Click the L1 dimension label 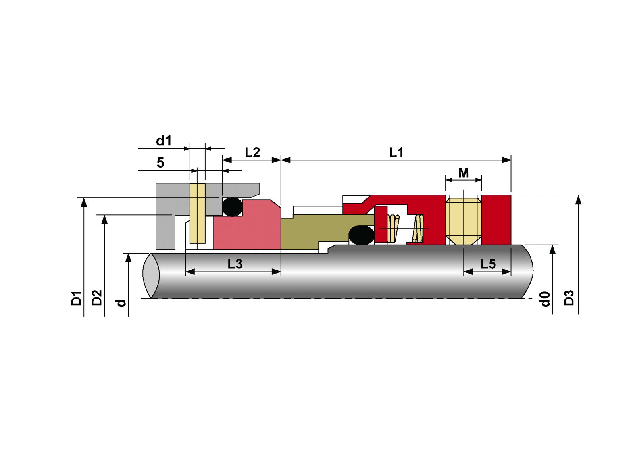[x=396, y=152]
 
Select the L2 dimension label [x=252, y=152]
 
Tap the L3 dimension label [x=235, y=264]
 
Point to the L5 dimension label [x=488, y=264]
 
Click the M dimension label [x=464, y=173]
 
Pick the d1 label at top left [x=164, y=141]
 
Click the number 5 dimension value [x=160, y=162]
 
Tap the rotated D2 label [x=97, y=297]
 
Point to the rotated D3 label [x=569, y=297]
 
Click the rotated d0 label [x=545, y=299]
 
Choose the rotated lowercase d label [x=121, y=303]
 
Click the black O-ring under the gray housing [x=232, y=207]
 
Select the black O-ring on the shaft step [x=362, y=235]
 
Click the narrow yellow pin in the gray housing [x=198, y=213]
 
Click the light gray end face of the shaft [x=151, y=275]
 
